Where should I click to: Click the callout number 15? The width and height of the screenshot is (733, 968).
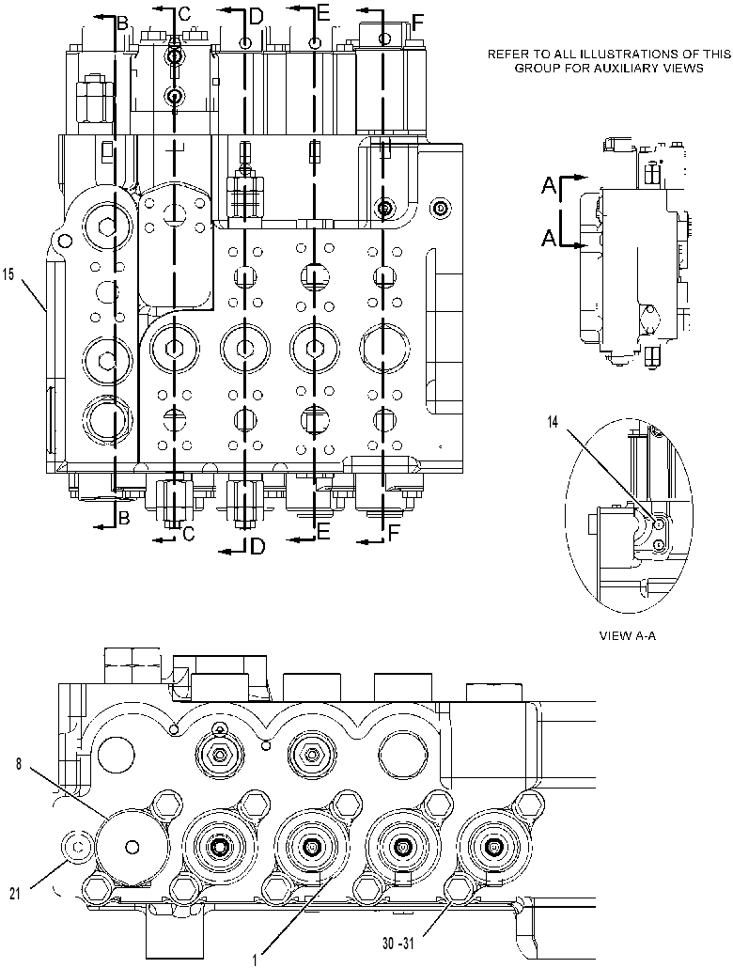(8, 275)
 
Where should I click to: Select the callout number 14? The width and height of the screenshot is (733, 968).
(553, 422)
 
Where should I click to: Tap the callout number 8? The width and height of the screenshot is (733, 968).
(19, 764)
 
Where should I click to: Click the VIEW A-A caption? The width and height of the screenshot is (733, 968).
(628, 636)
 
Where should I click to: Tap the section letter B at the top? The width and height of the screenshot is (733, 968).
(123, 23)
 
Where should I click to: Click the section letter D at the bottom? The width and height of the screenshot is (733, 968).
(257, 546)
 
